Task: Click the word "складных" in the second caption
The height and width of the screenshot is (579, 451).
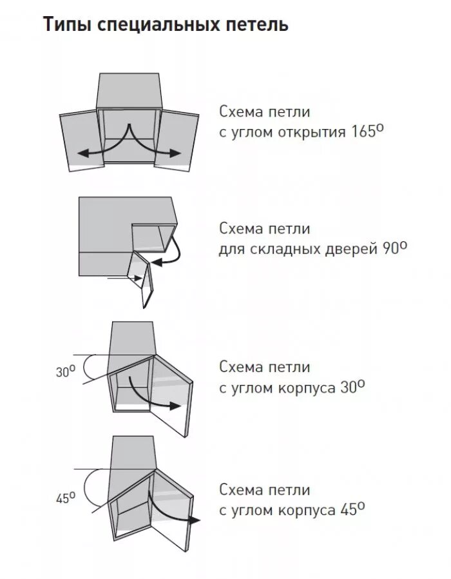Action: point(279,249)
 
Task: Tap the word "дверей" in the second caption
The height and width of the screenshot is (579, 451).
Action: point(347,249)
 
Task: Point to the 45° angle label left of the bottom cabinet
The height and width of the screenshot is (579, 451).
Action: point(64,498)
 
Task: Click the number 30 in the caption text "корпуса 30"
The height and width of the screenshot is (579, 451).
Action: point(345,388)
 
